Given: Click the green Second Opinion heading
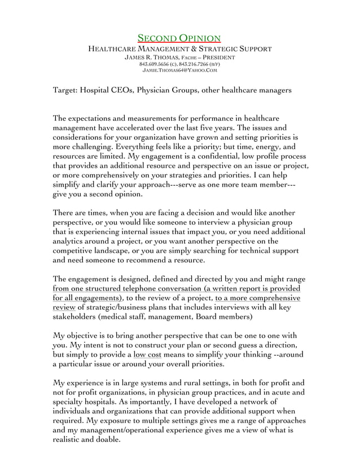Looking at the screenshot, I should (179, 38).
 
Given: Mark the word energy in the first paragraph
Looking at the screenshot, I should (266, 147).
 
